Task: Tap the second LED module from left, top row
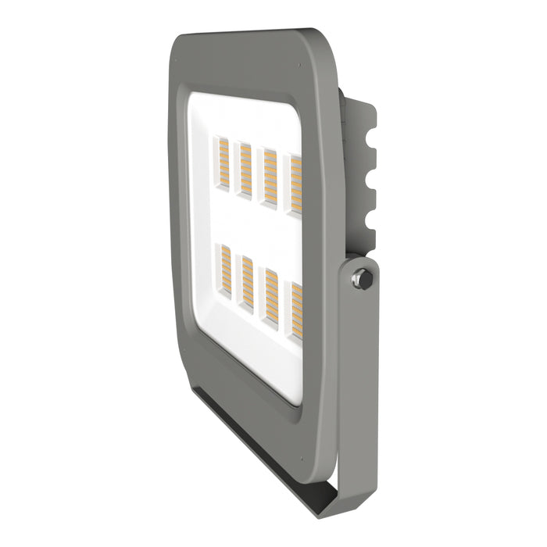245,170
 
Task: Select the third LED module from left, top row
270,178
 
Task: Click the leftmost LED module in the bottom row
223,274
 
